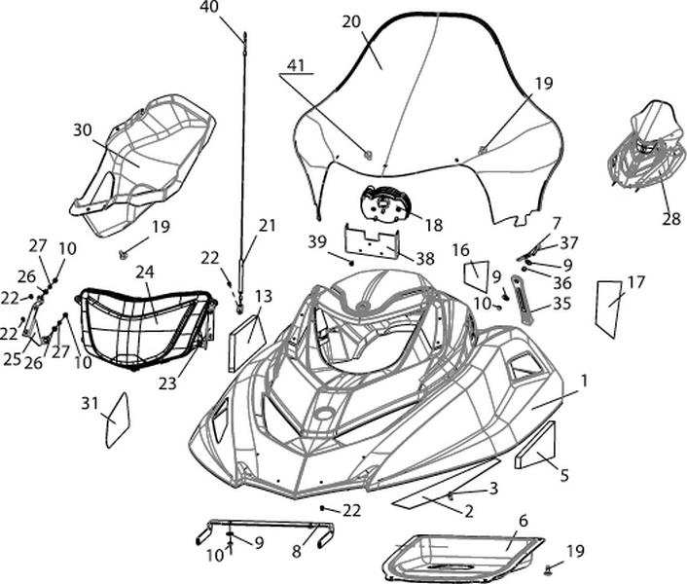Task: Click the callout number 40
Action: pos(209,7)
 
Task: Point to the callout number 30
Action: pos(82,129)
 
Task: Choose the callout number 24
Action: pos(145,273)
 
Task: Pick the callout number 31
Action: pos(90,403)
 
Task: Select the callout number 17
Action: pos(635,283)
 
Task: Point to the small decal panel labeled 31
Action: pos(117,420)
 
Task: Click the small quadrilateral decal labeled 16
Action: pos(476,275)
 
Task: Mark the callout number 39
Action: pos(316,240)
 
